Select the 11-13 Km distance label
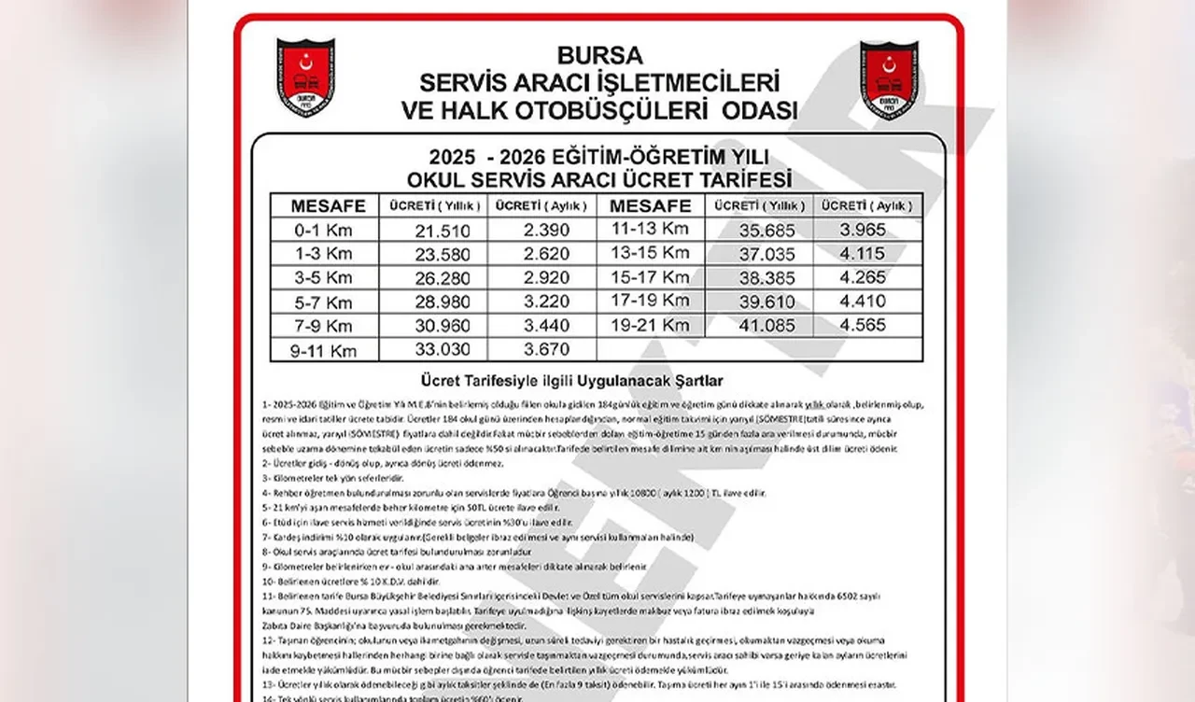click(650, 229)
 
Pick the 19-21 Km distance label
click(650, 326)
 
